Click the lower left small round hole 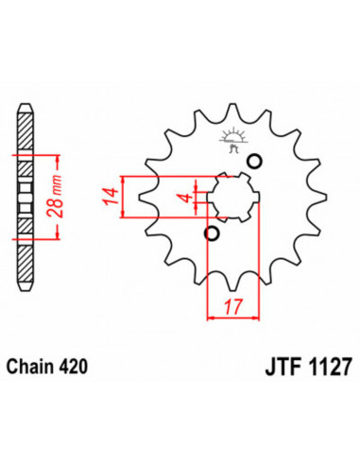coord(212,233)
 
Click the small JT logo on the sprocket coord(231,142)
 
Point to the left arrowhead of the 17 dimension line coord(210,317)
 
